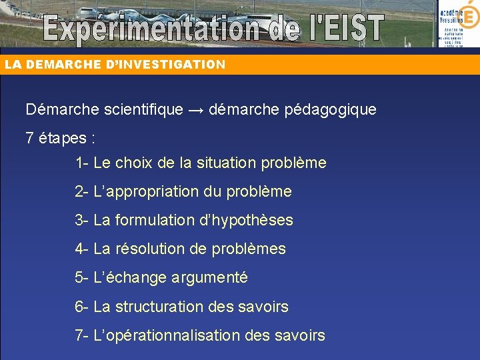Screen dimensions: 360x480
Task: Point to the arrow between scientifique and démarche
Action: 195,109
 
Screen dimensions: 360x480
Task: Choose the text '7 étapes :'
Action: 61,139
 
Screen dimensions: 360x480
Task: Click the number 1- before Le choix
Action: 82,163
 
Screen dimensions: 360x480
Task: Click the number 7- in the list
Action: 82,335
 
